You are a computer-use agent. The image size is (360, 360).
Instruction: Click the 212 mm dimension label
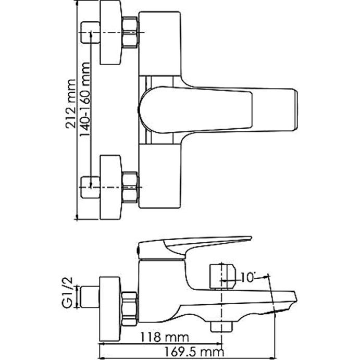point(70,104)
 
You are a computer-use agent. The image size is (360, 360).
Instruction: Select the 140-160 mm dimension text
point(84,100)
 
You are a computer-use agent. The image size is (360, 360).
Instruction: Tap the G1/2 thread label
point(67,293)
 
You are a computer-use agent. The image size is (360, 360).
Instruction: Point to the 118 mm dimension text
point(165,337)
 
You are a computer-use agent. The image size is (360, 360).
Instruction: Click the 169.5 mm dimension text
point(194,352)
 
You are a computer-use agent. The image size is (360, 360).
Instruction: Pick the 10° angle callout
point(248,277)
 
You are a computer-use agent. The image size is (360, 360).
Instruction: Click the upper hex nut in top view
point(130,32)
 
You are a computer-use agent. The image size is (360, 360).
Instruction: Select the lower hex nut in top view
point(130,188)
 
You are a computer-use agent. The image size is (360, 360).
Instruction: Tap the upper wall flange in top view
point(110,32)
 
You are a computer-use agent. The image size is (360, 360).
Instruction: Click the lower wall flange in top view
point(110,187)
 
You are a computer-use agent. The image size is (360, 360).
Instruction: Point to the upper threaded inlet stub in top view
point(91,32)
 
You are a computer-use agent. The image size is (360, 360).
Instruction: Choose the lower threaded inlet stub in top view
point(91,188)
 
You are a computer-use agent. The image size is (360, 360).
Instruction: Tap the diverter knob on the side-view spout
point(222,276)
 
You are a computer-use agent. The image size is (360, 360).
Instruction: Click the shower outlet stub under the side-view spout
point(222,327)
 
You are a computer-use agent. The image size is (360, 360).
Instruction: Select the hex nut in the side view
point(130,309)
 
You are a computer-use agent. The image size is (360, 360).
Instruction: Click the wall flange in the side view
point(110,309)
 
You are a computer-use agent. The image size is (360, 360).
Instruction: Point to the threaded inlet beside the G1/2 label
point(90,296)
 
